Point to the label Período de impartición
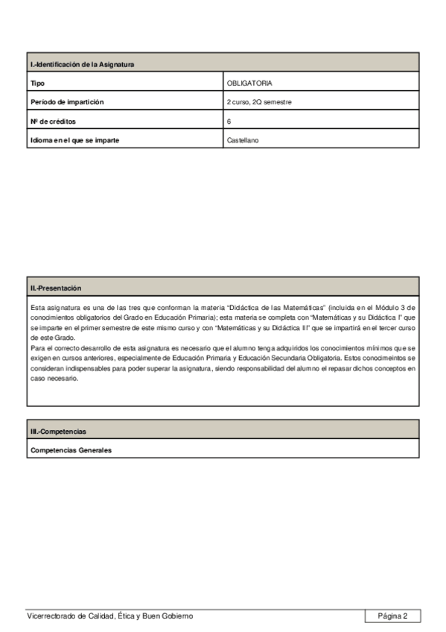tap(66, 101)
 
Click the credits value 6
tap(229, 120)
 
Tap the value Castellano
tap(243, 139)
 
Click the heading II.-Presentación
tap(56, 287)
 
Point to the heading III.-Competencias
tap(58, 432)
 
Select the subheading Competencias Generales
tap(71, 451)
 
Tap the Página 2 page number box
tap(392, 616)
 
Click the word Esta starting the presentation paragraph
tap(37, 307)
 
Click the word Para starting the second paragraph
tap(37, 348)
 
